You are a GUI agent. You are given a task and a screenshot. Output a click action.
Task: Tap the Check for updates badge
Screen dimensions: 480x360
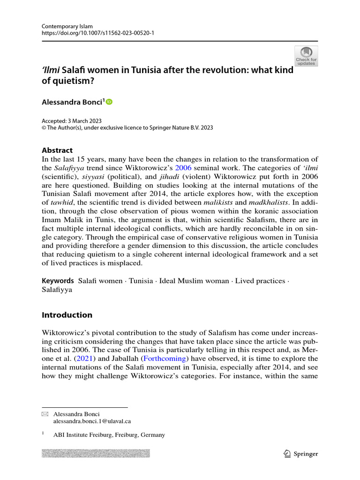tap(306, 56)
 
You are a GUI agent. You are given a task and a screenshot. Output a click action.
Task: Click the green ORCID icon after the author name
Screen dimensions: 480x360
tap(110, 101)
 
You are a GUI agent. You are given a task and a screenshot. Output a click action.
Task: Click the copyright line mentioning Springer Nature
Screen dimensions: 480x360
tap(127, 127)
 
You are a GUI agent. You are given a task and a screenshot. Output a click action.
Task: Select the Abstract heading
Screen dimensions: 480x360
tap(57, 150)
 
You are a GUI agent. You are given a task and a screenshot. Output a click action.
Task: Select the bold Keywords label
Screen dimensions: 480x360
tap(58, 281)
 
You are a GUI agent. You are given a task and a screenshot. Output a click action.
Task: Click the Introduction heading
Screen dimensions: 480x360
tap(67, 315)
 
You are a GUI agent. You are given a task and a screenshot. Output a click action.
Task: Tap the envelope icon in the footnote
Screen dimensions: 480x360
tap(45, 414)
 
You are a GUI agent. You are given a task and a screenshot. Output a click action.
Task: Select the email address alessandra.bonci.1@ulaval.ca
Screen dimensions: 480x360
tap(92, 421)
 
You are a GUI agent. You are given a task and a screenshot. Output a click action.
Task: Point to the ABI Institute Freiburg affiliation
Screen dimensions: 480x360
tap(109, 435)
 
